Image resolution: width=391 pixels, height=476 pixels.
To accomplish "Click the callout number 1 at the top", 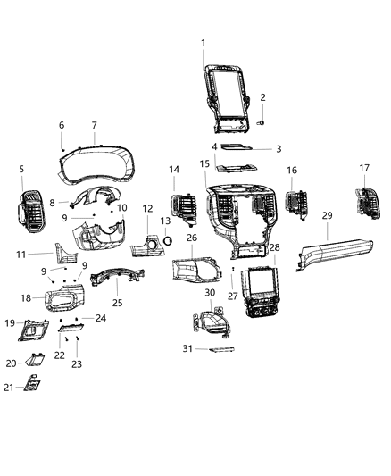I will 203,43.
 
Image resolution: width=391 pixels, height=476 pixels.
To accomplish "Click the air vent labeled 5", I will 28,211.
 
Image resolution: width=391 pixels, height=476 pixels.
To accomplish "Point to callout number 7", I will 94,125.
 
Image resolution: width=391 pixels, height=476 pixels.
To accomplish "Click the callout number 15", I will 204,164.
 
